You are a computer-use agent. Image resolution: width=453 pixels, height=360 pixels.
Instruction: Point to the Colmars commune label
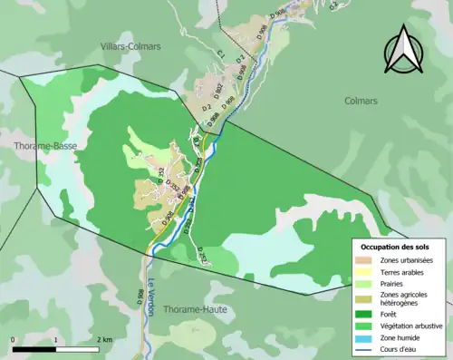361,102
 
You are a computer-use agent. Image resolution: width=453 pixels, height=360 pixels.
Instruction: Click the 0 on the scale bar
14,340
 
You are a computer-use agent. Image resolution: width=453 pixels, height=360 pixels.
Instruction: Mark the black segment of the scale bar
34,349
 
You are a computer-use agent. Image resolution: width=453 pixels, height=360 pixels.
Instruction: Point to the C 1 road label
220,56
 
